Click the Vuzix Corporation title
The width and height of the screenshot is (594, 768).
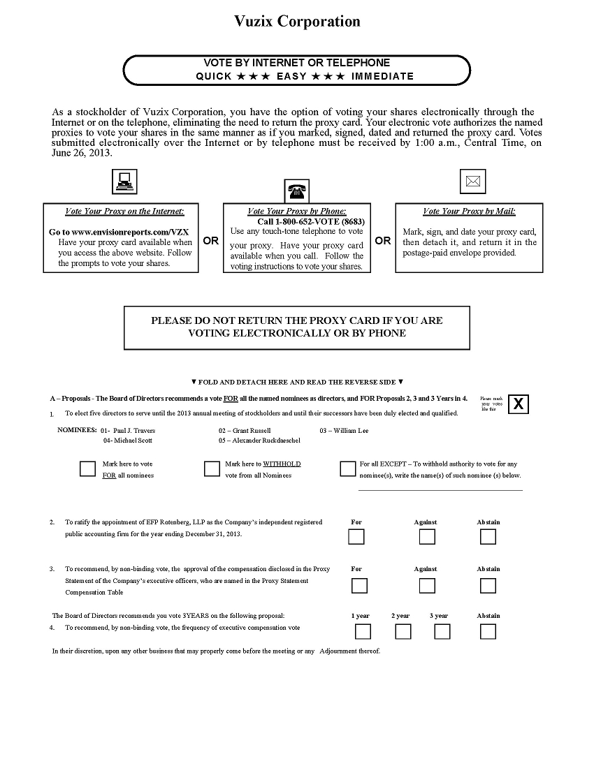click(297, 22)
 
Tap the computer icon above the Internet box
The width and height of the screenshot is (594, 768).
click(124, 182)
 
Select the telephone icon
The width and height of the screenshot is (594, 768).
click(297, 191)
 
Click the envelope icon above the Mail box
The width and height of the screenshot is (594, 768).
click(473, 182)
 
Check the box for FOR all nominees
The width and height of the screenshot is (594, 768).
click(87, 468)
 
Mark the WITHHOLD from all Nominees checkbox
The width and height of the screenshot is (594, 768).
click(212, 468)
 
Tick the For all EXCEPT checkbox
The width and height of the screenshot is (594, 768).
click(347, 468)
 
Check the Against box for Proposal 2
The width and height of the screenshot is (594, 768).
click(427, 536)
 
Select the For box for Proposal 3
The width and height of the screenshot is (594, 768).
click(356, 585)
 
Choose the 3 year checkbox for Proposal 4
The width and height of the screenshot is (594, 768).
click(442, 631)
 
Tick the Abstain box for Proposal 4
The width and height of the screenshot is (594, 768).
click(488, 631)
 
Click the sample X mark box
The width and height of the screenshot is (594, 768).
click(518, 404)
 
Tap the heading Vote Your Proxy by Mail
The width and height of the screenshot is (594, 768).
click(469, 212)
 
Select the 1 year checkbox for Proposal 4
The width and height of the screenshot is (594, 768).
click(363, 631)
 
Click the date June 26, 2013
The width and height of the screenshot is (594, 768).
click(82, 154)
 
